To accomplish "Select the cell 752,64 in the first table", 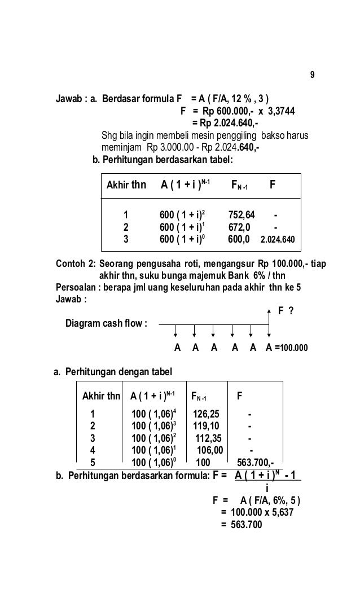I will [242, 215].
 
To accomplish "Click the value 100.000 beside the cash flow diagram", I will [294, 348].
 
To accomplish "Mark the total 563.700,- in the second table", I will [256, 460].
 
